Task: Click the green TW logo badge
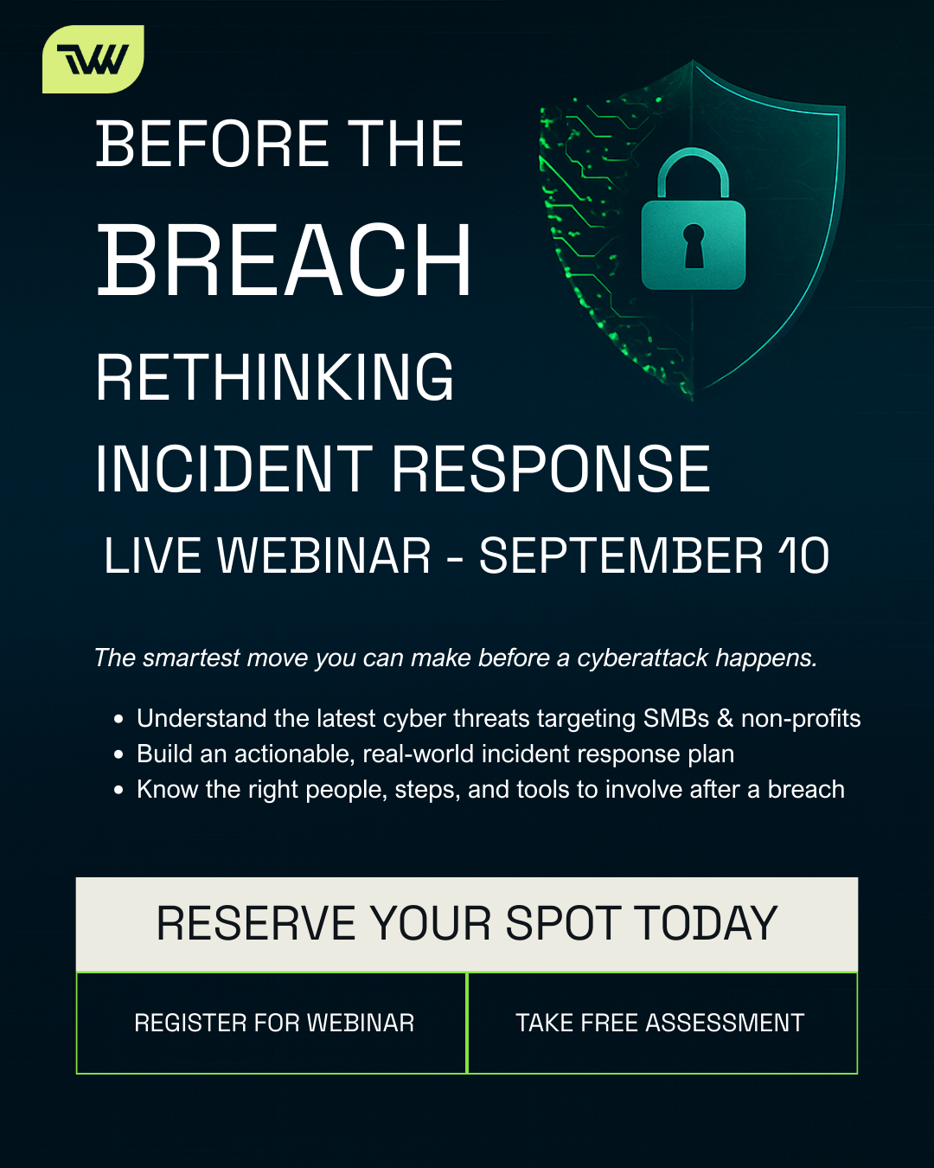93,59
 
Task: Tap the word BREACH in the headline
284,260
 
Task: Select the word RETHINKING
274,378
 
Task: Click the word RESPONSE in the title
551,470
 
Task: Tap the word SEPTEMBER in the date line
621,555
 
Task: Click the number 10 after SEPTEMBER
803,555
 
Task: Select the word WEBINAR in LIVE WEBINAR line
323,555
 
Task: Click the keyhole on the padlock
694,246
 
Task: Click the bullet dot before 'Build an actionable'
119,754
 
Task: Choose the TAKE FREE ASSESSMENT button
662,1023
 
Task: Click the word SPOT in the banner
562,923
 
